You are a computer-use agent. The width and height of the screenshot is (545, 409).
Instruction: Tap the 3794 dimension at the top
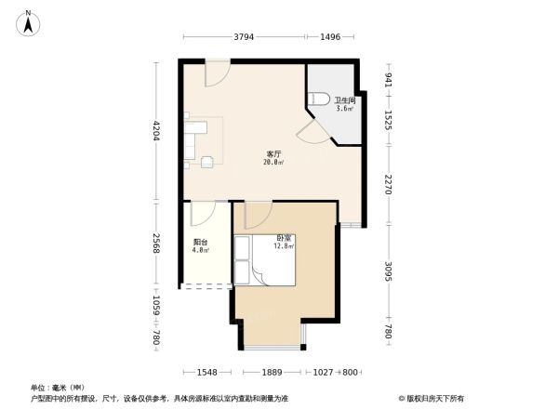[244, 37]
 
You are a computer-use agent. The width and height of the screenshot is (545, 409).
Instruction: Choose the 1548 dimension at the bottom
[206, 372]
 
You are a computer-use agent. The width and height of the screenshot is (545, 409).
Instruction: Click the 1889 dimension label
[271, 372]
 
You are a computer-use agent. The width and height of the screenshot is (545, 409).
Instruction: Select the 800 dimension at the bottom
[350, 372]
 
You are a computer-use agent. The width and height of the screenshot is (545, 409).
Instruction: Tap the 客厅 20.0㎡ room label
[273, 159]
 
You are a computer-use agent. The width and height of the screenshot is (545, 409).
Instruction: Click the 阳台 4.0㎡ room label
[201, 247]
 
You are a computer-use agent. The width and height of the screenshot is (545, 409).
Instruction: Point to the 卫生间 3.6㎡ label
[344, 105]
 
